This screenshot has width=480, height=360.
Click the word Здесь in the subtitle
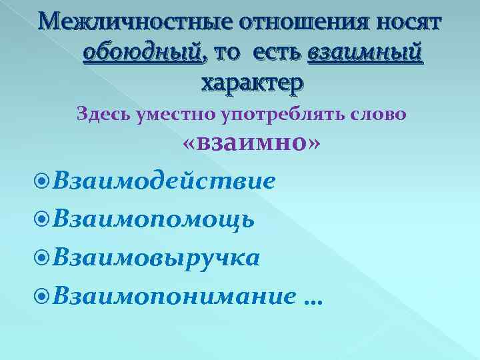tap(105, 114)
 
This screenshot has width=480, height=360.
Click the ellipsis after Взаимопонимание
tap(311, 301)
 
